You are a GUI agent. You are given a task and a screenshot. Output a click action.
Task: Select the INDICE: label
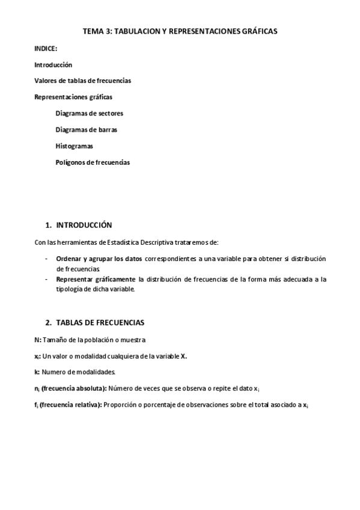46,49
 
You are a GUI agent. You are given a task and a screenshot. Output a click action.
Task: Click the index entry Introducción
53,65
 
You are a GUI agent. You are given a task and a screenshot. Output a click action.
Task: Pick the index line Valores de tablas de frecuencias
83,81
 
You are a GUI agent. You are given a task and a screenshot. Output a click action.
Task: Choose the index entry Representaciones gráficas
73,96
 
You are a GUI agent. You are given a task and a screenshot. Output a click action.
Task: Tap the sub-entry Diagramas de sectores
90,113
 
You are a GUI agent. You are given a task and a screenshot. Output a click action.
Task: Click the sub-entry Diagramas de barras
87,129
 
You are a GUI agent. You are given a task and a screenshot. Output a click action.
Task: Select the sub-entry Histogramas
75,146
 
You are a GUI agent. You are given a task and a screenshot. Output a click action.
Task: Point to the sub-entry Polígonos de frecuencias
93,162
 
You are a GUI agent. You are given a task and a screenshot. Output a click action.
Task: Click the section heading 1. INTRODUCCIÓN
79,225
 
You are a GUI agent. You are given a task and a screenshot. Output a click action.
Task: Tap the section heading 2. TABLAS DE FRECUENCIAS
94,322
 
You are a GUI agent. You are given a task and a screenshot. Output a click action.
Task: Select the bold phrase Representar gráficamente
96,280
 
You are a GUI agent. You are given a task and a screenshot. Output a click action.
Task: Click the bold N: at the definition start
38,340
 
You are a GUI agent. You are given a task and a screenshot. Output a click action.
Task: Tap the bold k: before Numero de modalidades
37,372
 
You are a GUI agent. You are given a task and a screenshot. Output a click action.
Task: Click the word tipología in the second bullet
69,289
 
